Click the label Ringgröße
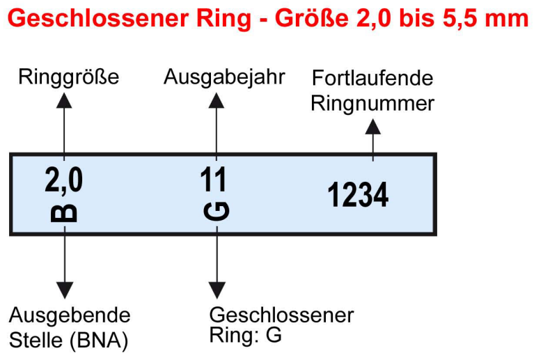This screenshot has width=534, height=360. tap(68, 77)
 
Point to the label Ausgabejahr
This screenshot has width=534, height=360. tap(224, 77)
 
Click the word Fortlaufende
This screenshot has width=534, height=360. tap(372, 78)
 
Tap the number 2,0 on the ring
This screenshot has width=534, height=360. tap(64, 180)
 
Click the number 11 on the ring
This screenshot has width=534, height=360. tap(216, 180)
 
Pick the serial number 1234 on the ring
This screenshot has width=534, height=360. tap(358, 195)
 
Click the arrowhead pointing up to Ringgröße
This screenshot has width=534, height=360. tap(64, 100)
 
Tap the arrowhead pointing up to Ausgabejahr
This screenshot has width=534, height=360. tap(217, 100)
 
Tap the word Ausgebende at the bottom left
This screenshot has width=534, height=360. tap(70, 315)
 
